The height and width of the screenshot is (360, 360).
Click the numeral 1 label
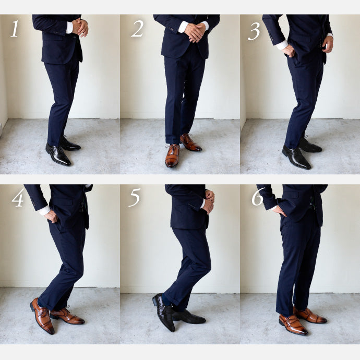15,29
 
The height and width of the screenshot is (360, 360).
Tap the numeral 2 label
137,29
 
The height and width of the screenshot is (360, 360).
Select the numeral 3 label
254,31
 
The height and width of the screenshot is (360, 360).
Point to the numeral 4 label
18,198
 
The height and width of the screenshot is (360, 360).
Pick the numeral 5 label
135,198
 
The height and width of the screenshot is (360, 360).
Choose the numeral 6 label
258,197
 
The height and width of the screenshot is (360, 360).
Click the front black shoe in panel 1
58,154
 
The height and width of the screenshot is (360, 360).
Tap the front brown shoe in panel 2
172,155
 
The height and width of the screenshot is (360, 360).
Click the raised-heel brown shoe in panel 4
42,316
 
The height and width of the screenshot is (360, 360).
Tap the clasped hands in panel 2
195,32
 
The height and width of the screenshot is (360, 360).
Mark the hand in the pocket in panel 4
52,216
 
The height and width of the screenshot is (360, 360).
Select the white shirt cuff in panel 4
44,210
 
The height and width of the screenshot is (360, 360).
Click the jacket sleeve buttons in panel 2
171,29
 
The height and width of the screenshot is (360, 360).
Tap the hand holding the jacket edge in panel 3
328,44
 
